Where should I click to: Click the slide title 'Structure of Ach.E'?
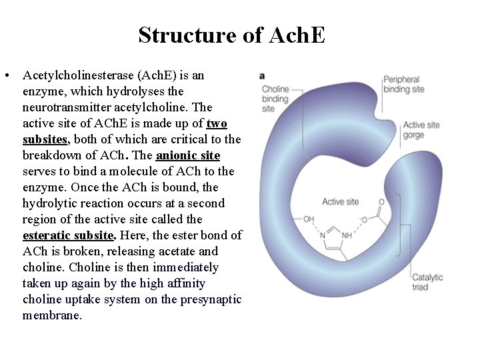coord(231,35)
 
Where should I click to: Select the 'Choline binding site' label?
coord(275,99)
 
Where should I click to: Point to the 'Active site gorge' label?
coord(421,130)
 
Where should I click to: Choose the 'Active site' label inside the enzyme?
coord(340,201)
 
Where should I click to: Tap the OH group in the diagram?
coord(308,219)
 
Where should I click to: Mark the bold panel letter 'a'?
coord(263,75)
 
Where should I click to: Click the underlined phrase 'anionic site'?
coord(187,155)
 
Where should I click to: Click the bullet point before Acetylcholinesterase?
coord(6,75)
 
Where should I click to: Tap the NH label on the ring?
coord(347,235)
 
